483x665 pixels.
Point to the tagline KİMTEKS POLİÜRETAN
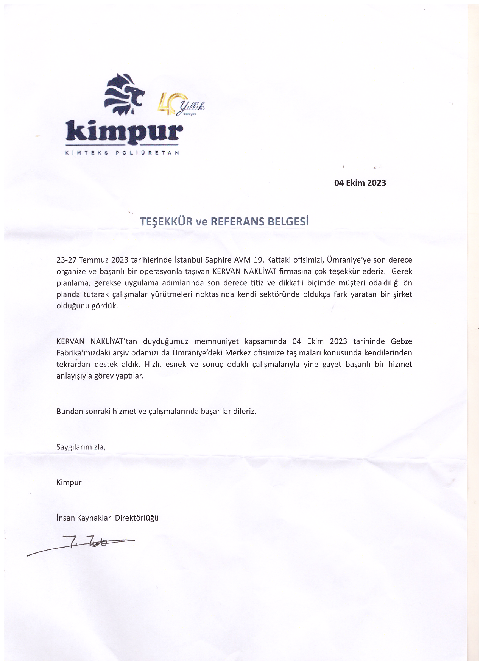(122, 153)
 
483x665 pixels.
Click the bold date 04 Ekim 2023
(360, 183)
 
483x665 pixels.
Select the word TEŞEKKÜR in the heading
(166, 222)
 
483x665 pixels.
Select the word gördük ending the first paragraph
(104, 306)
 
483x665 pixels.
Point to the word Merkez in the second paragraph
(238, 353)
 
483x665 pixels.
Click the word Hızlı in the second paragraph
(153, 364)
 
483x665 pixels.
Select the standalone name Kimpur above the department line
(69, 482)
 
